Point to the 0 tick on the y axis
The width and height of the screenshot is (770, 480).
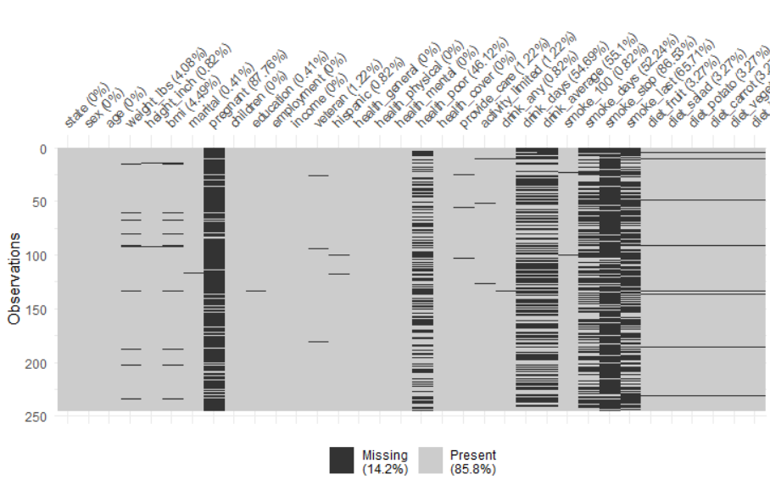point(42,148)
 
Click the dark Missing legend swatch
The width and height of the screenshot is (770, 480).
point(343,460)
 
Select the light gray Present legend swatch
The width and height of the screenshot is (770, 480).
point(432,460)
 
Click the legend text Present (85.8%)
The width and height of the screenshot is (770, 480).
point(473,461)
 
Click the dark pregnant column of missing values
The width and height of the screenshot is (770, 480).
point(215,280)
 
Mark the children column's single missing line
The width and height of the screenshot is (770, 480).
point(256,291)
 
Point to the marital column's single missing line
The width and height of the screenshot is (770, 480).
point(193,273)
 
